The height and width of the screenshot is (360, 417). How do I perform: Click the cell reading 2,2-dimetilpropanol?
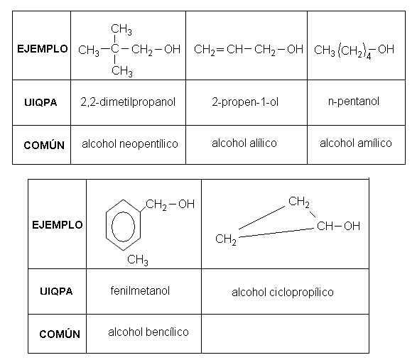[128, 102]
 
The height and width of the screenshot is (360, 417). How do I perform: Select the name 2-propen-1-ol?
[245, 102]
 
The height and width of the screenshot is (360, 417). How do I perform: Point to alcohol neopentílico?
[130, 144]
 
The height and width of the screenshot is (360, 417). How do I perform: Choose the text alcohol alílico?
[244, 143]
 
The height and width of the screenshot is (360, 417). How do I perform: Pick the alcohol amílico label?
[356, 143]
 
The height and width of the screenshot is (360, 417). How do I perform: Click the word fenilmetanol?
[140, 290]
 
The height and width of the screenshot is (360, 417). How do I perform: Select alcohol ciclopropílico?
[283, 293]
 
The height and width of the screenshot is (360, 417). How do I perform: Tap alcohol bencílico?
[148, 332]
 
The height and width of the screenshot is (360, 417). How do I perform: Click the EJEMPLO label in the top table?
[43, 49]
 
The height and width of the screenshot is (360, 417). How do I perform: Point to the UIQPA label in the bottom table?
[56, 291]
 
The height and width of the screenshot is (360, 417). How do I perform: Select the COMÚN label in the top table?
[44, 145]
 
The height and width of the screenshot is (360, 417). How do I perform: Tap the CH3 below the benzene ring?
[138, 259]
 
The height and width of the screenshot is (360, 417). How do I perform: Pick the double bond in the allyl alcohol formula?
[220, 50]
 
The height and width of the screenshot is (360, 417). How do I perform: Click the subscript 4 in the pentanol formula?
[368, 57]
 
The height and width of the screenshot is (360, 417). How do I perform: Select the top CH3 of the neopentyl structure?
[121, 30]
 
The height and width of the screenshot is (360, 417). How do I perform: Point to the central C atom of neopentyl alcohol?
[114, 49]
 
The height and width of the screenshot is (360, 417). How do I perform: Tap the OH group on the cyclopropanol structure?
[352, 226]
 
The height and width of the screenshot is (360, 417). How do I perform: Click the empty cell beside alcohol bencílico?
[285, 334]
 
